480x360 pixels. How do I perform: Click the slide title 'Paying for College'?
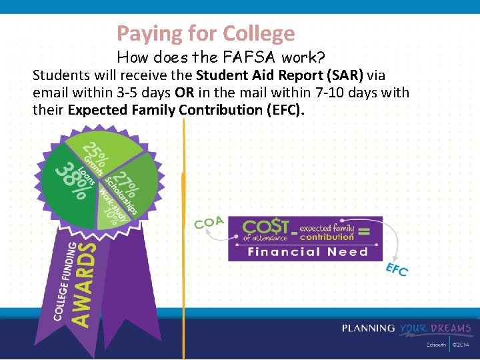coord(205,33)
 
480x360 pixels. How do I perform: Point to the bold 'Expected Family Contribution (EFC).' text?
coord(186,109)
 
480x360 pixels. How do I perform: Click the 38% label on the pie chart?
coord(72,181)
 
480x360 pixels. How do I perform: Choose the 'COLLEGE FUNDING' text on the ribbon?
coord(63,280)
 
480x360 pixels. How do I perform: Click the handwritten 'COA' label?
coord(209,222)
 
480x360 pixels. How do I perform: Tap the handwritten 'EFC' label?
coord(397,270)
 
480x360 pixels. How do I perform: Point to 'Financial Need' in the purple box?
coord(307,251)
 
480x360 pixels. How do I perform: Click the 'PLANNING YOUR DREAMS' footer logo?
coord(407,328)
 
